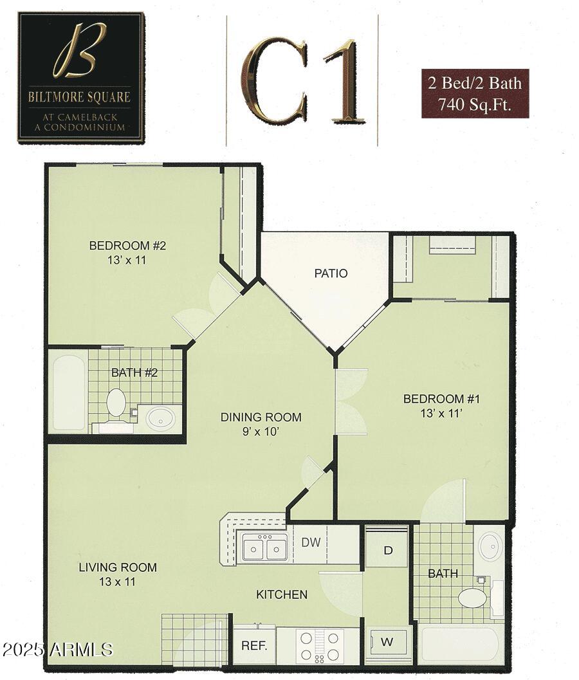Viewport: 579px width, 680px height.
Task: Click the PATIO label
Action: (331, 273)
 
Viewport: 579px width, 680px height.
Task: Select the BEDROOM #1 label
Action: (441, 400)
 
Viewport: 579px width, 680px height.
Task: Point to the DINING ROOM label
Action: (261, 418)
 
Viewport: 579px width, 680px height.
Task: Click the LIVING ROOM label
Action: (118, 567)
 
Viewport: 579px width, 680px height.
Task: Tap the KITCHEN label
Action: (282, 594)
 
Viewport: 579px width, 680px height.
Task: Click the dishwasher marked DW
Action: (311, 542)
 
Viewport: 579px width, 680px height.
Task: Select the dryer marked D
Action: (387, 551)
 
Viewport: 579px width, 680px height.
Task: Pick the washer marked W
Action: (388, 641)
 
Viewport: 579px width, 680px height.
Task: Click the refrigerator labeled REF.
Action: (254, 645)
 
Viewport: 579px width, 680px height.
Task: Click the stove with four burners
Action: (324, 645)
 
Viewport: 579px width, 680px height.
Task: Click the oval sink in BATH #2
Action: (159, 419)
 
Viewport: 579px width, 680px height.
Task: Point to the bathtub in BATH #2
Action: (68, 392)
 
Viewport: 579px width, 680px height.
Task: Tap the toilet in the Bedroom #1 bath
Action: (473, 598)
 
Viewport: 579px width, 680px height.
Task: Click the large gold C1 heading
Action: (302, 80)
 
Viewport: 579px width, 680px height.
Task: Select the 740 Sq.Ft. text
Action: (475, 104)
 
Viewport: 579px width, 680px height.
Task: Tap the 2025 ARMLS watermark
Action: (57, 649)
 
